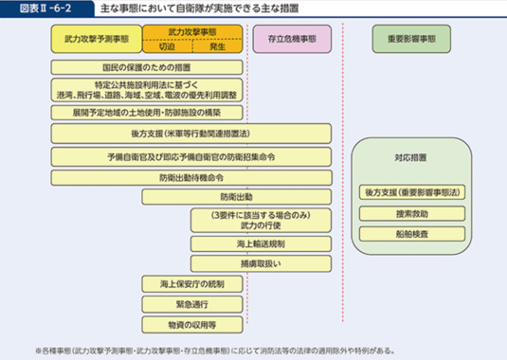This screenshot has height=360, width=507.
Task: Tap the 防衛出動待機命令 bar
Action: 190,176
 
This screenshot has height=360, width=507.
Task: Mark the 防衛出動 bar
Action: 236,197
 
